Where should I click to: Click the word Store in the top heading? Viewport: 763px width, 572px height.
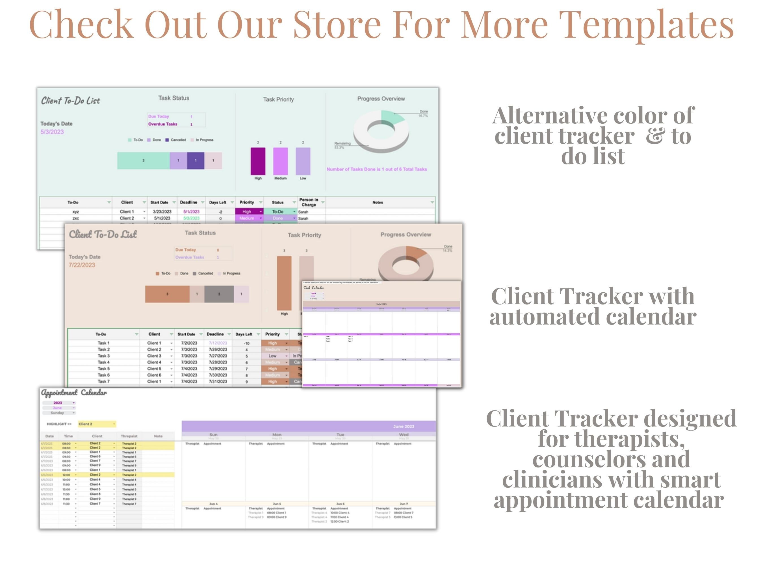pos(337,25)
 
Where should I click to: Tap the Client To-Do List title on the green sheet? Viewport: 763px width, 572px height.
pos(70,101)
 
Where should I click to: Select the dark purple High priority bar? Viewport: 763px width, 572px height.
pos(258,161)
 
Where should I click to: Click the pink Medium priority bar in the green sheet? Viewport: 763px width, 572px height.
pos(280,161)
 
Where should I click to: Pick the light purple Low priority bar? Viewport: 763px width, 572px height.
pos(303,161)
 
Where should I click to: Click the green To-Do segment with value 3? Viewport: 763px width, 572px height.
pos(143,161)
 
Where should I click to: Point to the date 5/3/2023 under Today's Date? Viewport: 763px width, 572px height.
pos(52,132)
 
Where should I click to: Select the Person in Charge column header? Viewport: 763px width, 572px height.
pos(309,202)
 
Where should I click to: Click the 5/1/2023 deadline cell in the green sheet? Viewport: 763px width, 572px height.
pos(191,212)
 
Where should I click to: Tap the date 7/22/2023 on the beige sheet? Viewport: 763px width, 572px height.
pos(82,265)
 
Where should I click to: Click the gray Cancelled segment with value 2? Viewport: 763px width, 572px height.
pos(219,294)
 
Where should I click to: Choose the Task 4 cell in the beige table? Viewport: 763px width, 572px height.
pos(103,362)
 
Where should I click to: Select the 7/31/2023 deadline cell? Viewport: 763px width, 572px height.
pos(218,382)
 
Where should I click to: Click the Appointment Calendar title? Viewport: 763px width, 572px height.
pos(74,393)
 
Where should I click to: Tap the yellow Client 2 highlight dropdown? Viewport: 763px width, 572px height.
pos(97,424)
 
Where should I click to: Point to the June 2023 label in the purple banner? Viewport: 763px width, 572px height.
pos(404,427)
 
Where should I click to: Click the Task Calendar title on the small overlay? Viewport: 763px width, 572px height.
pos(314,288)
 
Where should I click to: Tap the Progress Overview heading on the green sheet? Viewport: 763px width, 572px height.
pos(381,99)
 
